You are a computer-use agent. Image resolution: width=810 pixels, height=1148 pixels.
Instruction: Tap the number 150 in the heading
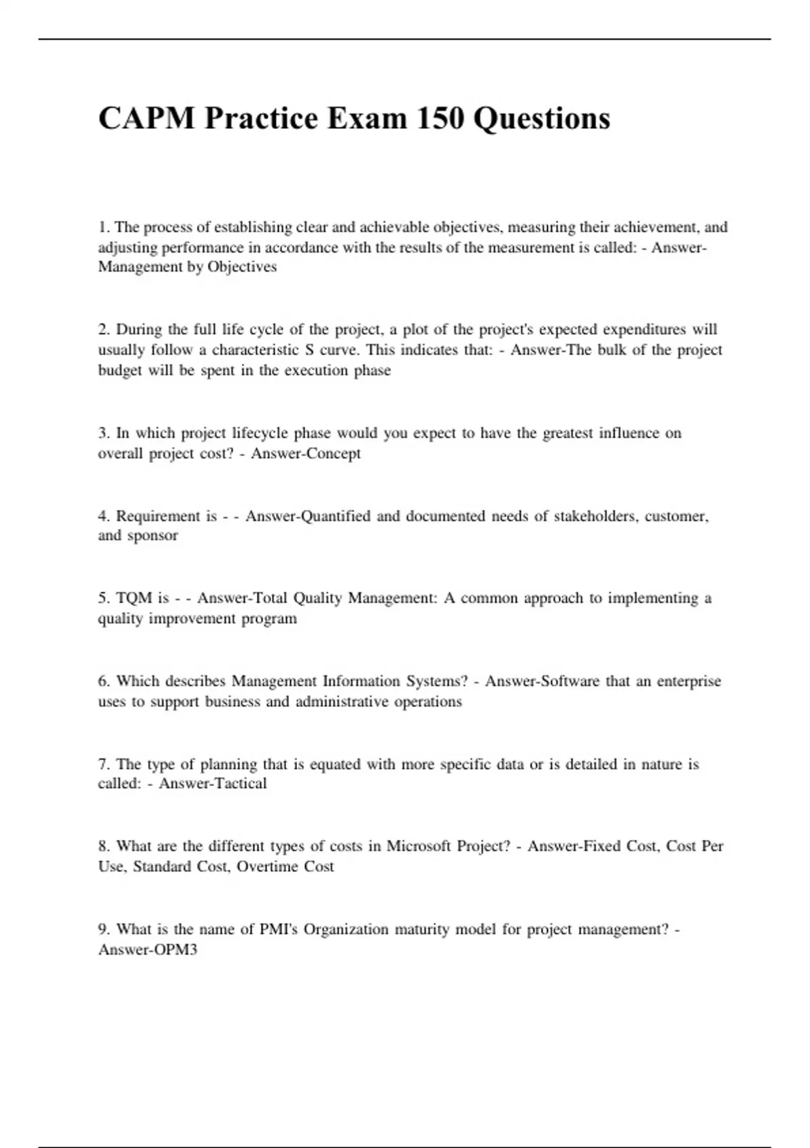(x=439, y=119)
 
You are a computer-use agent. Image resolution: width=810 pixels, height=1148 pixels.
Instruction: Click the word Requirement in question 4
(x=157, y=516)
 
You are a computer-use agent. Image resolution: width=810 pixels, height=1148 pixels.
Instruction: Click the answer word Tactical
(x=240, y=783)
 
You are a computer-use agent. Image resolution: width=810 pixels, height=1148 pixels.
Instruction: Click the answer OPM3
(x=175, y=949)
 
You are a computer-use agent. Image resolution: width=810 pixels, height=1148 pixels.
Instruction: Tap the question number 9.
(x=103, y=929)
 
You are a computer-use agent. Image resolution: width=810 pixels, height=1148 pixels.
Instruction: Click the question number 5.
(x=103, y=598)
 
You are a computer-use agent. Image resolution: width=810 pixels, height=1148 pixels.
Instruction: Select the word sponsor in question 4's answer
(x=153, y=536)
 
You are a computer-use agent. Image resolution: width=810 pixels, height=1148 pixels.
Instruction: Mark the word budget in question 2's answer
(x=119, y=370)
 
